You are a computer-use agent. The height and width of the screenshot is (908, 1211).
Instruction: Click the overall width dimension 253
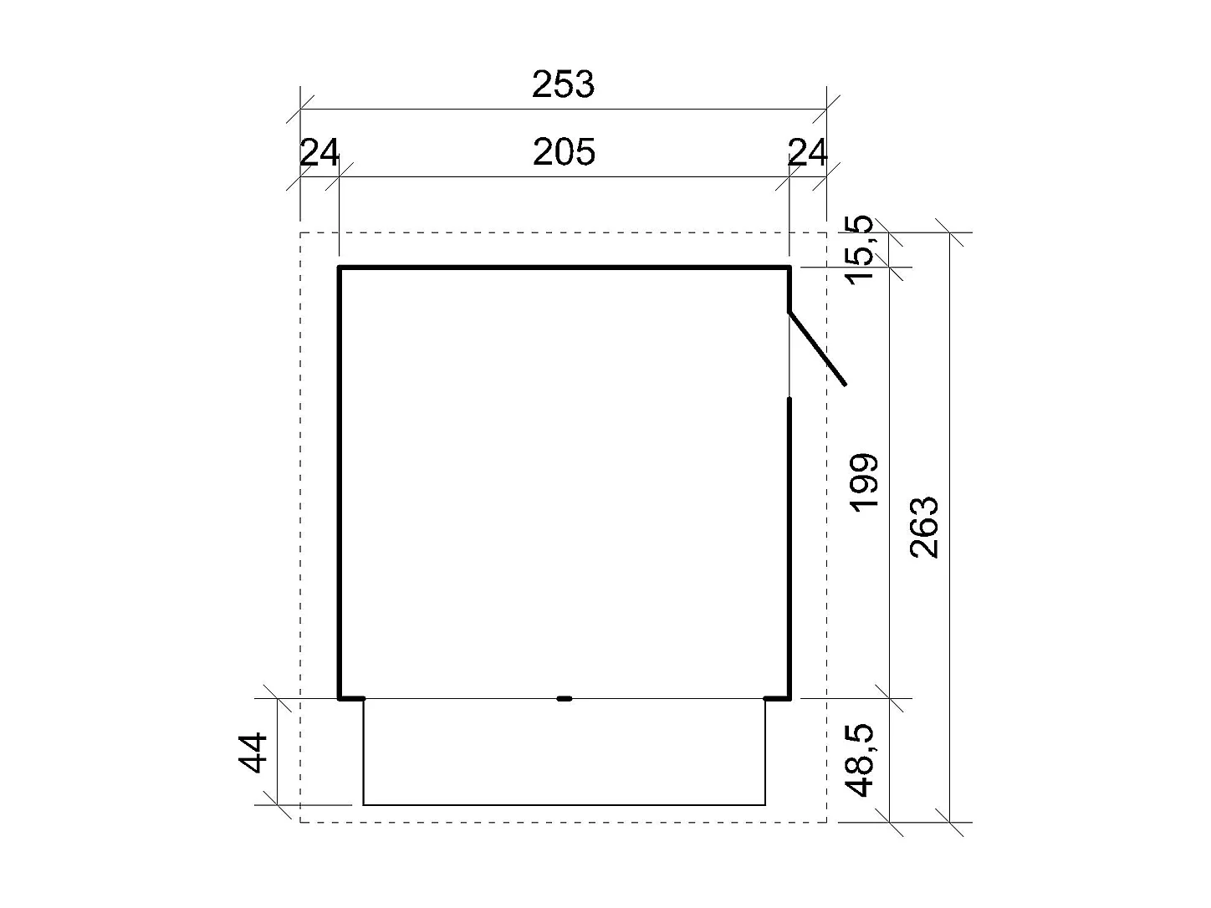563,84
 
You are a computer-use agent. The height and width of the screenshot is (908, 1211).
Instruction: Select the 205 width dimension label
564,153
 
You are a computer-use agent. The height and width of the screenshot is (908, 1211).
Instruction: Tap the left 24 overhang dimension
319,153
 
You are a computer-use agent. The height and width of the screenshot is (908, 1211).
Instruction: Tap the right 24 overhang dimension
807,153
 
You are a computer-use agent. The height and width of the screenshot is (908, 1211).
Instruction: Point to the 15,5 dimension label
861,249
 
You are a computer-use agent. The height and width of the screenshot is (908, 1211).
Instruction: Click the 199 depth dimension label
862,482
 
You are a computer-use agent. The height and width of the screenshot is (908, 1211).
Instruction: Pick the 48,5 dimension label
861,760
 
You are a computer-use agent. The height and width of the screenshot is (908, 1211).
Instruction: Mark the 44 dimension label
253,752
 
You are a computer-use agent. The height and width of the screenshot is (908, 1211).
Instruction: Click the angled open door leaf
818,348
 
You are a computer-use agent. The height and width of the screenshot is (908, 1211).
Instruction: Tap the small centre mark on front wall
565,697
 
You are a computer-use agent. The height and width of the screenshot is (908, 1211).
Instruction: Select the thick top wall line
564,268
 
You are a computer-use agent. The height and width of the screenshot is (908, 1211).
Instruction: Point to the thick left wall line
340,482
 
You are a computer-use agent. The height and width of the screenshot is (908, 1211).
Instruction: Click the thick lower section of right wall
789,548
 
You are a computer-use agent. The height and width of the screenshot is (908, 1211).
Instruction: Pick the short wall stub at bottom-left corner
351,697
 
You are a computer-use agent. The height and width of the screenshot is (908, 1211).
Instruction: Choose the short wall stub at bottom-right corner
777,697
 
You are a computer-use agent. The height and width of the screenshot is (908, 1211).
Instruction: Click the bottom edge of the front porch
564,804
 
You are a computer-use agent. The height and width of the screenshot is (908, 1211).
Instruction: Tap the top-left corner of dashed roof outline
300,232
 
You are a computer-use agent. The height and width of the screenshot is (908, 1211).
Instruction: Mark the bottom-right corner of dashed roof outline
826,822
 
